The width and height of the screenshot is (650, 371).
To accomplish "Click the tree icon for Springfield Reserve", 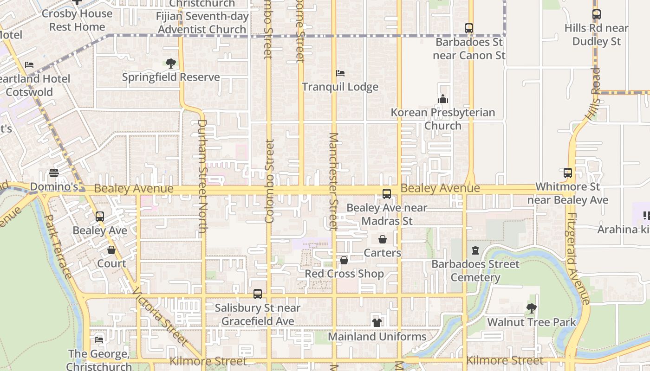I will (x=171, y=64).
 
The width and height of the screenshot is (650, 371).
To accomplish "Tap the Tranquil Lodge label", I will (x=340, y=87).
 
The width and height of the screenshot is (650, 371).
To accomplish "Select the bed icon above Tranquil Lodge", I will (x=340, y=73).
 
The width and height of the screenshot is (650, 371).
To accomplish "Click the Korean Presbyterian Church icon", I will (x=443, y=99).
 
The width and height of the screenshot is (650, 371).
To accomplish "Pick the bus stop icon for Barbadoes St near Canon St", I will (x=469, y=28).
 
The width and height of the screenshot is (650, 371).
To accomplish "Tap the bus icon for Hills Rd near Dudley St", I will (x=597, y=14).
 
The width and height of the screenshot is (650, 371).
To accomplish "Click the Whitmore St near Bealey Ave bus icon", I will (x=568, y=173).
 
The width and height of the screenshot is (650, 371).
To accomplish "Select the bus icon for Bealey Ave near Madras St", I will (x=387, y=194).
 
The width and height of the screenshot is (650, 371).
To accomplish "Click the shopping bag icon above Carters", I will (x=383, y=239).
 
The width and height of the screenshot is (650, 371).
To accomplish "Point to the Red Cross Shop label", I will (x=344, y=274).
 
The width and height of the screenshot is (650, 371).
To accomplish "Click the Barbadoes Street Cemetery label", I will (x=475, y=271).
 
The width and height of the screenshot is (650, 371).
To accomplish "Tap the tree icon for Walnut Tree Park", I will (x=531, y=308).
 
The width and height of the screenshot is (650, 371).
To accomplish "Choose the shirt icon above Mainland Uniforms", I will (x=377, y=322).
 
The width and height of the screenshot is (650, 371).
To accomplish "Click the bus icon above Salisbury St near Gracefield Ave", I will (x=258, y=294).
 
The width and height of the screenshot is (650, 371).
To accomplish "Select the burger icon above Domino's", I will (x=54, y=173).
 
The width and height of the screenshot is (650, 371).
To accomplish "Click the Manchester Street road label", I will (x=333, y=181).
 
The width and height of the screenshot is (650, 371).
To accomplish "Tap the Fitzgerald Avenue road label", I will (x=578, y=258).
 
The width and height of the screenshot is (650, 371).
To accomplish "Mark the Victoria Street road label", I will (x=160, y=317).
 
